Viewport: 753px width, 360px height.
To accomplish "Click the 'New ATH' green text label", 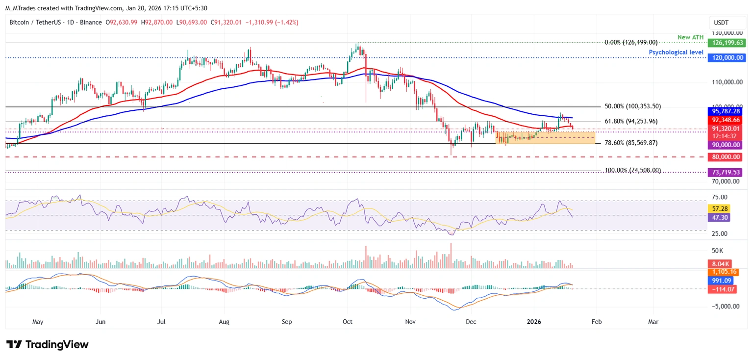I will pos(691,37).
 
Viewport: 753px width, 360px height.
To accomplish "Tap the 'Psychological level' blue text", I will pos(676,52).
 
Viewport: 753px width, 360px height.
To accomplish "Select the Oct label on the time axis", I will pos(348,322).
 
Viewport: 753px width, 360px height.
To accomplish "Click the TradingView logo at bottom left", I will pos(47,344).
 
